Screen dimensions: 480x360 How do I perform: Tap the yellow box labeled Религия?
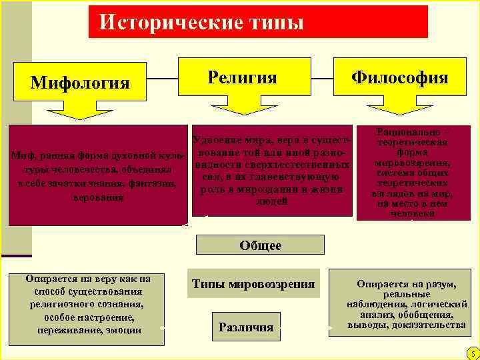pyautogui.click(x=243, y=77)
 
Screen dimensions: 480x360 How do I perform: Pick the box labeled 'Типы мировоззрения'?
pyautogui.click(x=253, y=284)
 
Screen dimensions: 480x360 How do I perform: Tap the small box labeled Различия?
pyautogui.click(x=246, y=327)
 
